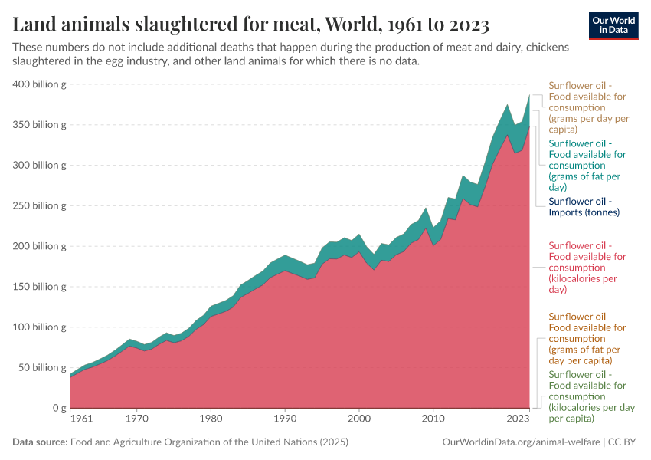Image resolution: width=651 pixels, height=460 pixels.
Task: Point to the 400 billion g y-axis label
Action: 39,84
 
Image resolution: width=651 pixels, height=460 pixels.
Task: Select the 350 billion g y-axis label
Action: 39,124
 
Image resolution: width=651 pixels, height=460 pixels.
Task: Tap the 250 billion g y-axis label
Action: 39,205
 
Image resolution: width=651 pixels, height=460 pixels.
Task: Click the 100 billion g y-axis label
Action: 39,327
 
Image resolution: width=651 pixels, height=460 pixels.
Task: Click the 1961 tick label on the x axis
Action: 81,419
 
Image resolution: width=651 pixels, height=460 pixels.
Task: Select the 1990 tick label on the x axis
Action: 285,419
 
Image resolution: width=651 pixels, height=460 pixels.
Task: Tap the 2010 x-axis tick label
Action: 433,419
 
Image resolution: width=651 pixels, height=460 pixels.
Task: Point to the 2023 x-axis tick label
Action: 518,419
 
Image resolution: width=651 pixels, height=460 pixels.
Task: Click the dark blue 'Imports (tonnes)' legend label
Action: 584,206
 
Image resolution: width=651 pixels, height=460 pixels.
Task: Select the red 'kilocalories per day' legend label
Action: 587,268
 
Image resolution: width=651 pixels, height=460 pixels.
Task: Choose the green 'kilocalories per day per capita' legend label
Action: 587,396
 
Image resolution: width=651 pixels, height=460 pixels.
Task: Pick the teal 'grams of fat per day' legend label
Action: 587,165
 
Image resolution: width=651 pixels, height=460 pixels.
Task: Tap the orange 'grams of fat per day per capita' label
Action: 587,338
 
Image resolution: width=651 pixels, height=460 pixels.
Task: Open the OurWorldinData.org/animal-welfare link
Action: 522,442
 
